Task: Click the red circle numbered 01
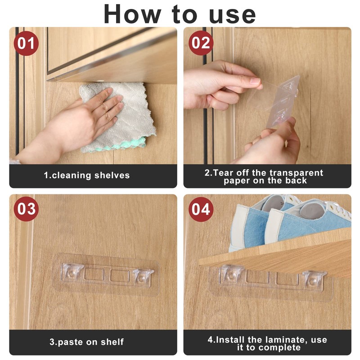(26, 43)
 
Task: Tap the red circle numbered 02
(201, 43)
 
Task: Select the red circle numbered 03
(26, 209)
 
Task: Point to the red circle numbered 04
(201, 209)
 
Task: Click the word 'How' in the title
(132, 14)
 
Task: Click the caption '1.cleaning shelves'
(87, 175)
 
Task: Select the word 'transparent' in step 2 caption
(297, 173)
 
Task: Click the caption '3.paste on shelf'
(87, 342)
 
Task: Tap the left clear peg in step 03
(72, 273)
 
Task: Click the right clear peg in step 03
(143, 277)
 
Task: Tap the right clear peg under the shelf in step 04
(314, 279)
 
